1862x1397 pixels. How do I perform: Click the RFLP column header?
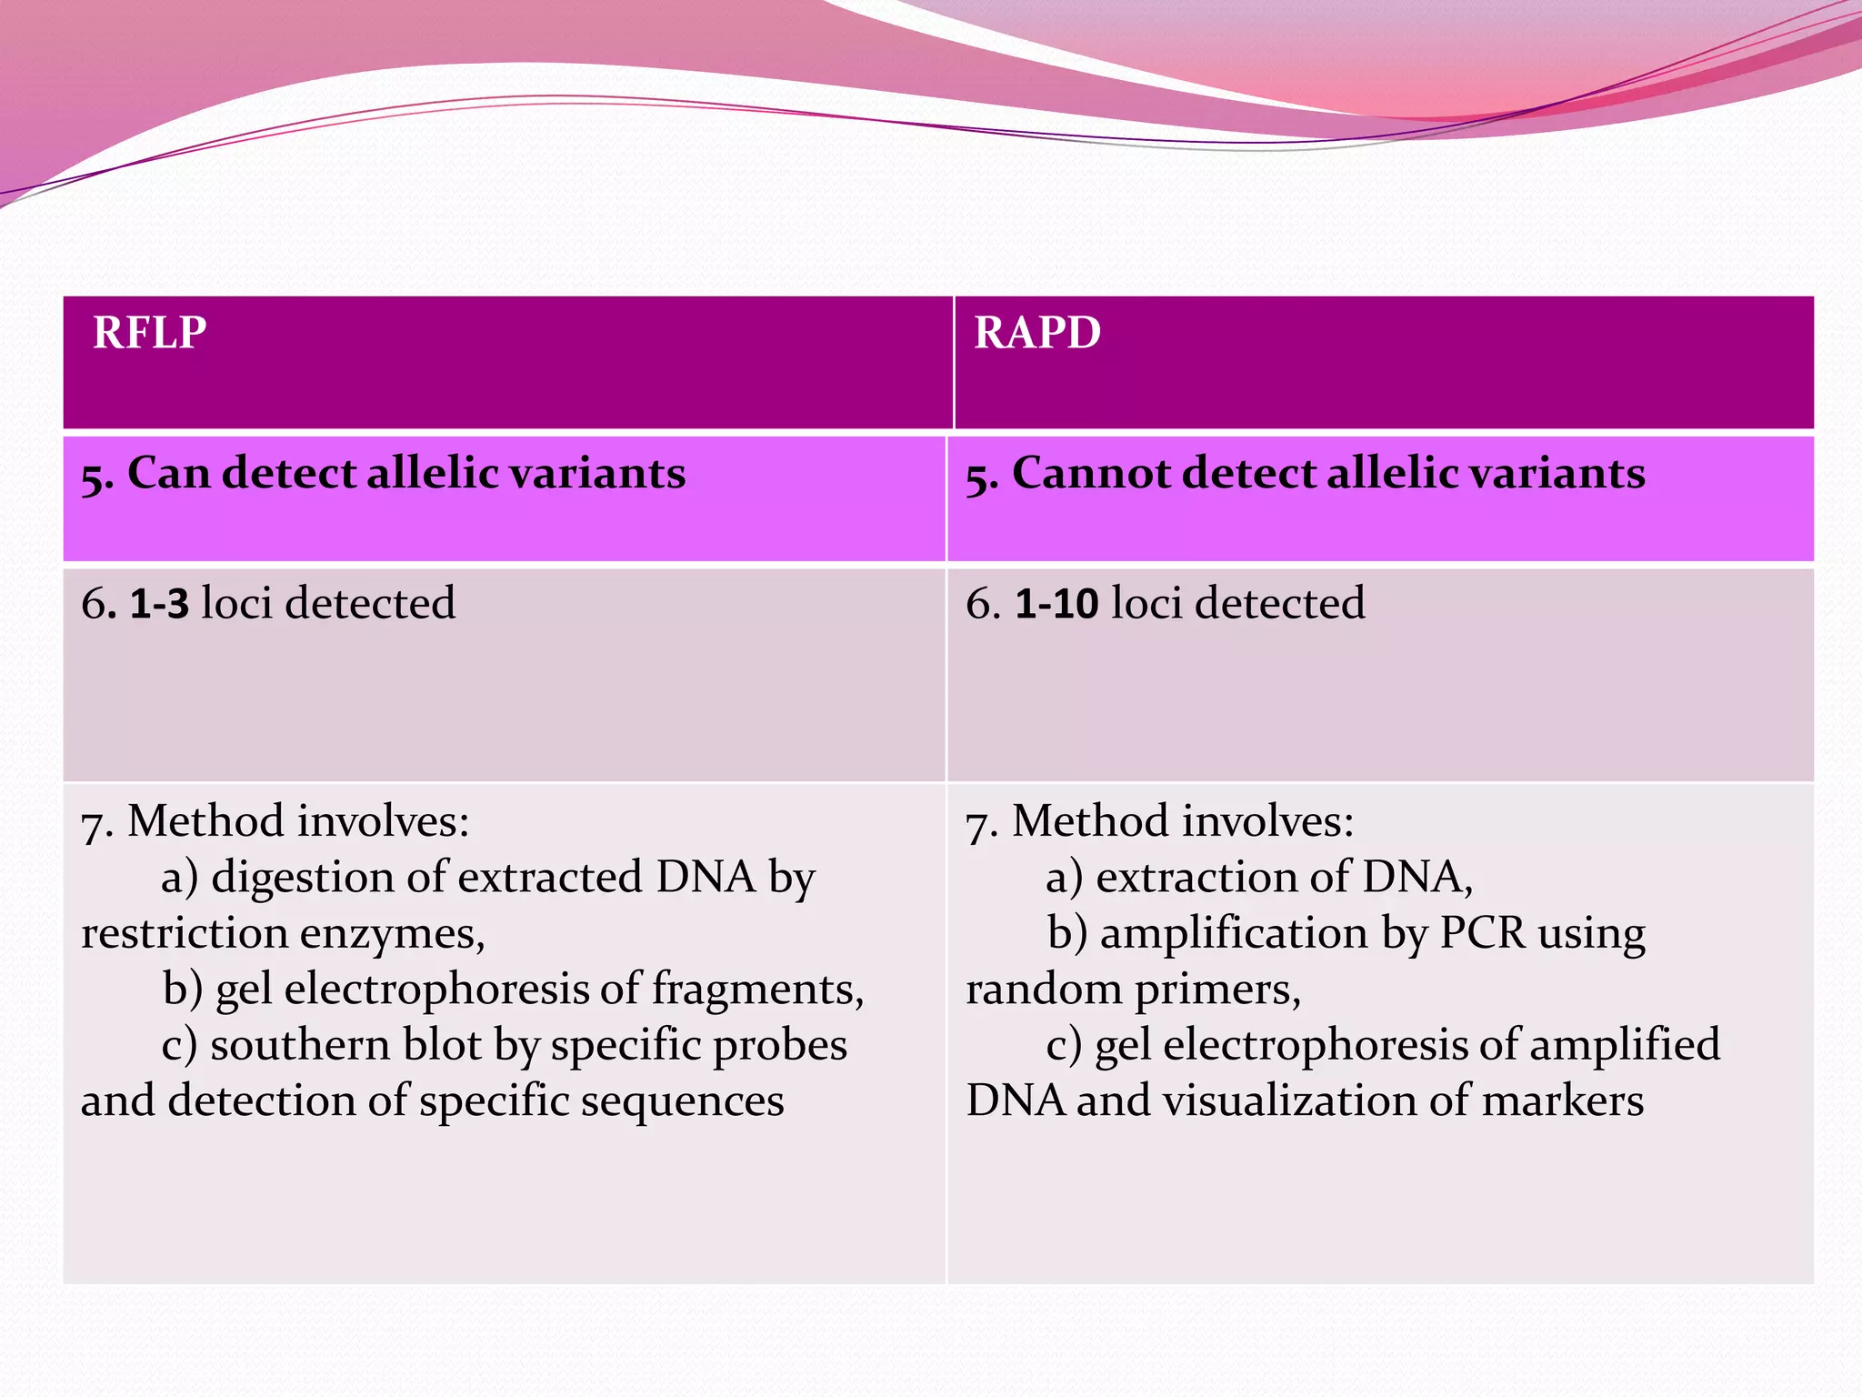click(150, 333)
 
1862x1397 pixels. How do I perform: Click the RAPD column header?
click(1037, 333)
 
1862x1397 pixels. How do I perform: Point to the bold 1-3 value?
click(159, 604)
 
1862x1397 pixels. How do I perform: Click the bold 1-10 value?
click(1056, 604)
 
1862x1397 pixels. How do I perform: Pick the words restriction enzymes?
click(282, 934)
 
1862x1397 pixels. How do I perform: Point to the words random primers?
click(1132, 990)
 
